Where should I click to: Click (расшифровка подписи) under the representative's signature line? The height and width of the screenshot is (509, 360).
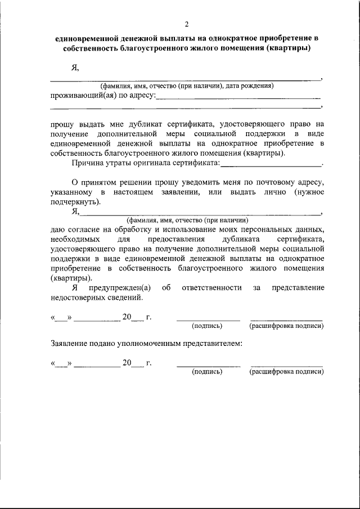(286, 372)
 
